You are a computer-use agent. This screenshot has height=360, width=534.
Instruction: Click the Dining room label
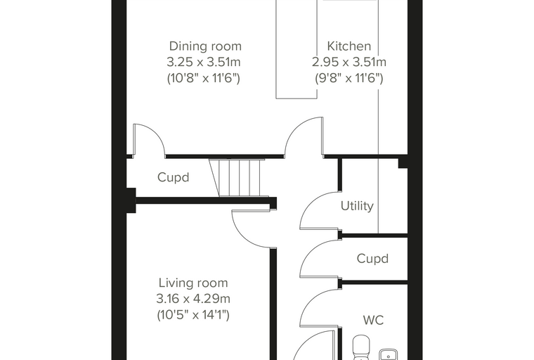click(x=205, y=46)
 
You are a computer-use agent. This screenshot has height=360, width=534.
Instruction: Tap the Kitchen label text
click(x=349, y=46)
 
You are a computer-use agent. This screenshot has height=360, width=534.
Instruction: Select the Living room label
click(x=193, y=283)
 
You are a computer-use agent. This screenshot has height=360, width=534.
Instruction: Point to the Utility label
click(x=357, y=206)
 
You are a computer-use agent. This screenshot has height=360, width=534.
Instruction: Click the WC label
click(x=373, y=320)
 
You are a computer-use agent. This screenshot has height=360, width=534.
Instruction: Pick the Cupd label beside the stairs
click(x=173, y=177)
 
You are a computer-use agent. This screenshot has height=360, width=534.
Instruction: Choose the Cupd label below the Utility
click(x=372, y=259)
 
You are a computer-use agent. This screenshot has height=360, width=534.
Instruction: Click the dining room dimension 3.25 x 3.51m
click(x=204, y=62)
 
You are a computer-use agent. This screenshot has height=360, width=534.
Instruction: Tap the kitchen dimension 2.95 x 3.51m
click(x=349, y=62)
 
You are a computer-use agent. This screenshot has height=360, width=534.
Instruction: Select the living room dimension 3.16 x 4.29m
click(x=193, y=299)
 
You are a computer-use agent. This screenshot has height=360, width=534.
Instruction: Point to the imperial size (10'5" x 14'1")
click(x=193, y=315)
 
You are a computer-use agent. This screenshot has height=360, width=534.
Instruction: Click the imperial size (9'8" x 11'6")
click(x=349, y=78)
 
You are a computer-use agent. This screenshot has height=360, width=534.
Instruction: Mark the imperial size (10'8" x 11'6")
click(x=204, y=78)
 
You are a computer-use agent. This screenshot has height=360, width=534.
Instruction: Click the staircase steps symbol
click(x=238, y=178)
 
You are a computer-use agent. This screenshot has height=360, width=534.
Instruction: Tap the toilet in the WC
click(x=361, y=348)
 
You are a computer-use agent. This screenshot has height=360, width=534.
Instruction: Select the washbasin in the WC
click(x=389, y=354)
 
